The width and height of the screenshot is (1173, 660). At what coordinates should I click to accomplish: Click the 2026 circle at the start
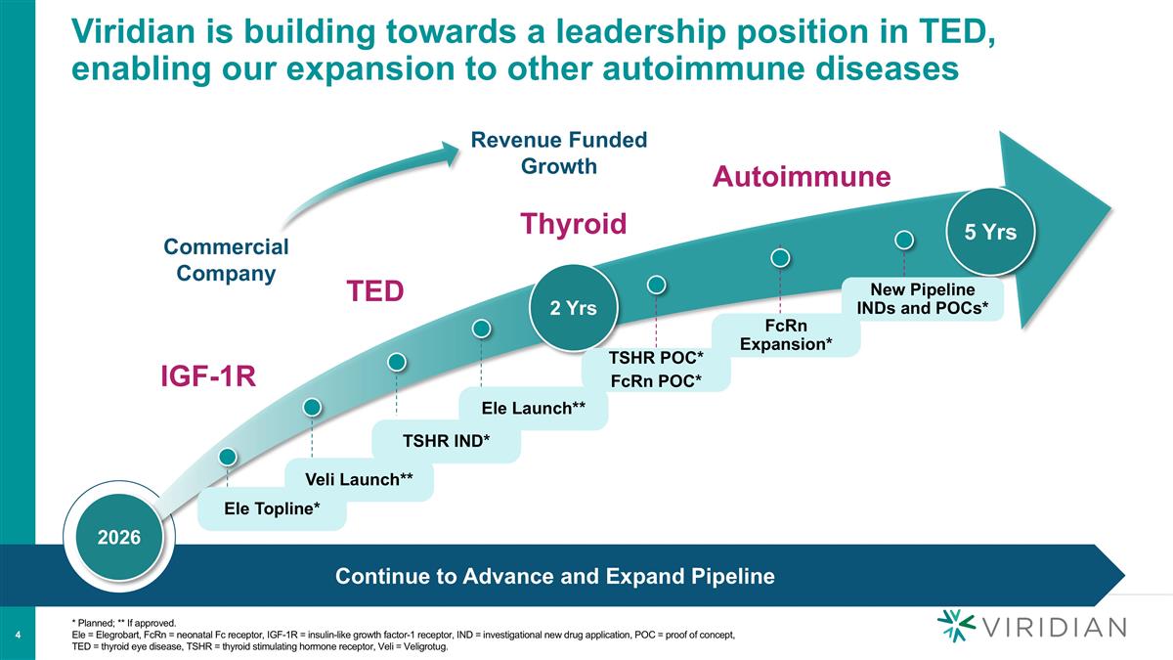point(118,538)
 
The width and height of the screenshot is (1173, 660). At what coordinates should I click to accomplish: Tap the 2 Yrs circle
point(568,308)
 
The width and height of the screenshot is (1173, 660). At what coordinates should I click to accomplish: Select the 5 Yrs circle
point(990,232)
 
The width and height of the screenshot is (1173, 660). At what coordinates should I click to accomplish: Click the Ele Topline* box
point(272,510)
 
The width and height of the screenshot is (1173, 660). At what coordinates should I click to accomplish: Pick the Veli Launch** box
point(359,479)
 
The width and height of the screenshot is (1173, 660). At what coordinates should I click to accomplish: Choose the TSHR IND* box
point(446,441)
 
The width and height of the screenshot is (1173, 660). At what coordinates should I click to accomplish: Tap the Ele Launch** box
point(533,408)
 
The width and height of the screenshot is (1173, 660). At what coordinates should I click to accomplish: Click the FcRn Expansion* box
point(786,334)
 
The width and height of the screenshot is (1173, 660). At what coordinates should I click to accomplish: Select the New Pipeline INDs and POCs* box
point(922,299)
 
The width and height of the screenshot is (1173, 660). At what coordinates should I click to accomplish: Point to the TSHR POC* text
point(656,359)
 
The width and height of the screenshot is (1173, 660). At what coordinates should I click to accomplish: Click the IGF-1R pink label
point(208,376)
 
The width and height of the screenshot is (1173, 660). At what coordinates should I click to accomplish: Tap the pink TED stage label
point(376,291)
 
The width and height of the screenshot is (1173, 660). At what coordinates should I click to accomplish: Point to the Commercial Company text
point(226,259)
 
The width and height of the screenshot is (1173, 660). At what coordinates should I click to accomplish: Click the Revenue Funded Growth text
point(559,153)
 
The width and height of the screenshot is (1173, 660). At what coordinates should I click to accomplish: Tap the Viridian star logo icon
point(955,626)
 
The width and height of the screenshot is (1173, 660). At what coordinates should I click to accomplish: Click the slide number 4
point(19,638)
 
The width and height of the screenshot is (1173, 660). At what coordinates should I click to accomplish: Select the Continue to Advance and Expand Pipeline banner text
point(554,577)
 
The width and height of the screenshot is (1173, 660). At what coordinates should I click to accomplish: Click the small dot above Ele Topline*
point(228,456)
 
